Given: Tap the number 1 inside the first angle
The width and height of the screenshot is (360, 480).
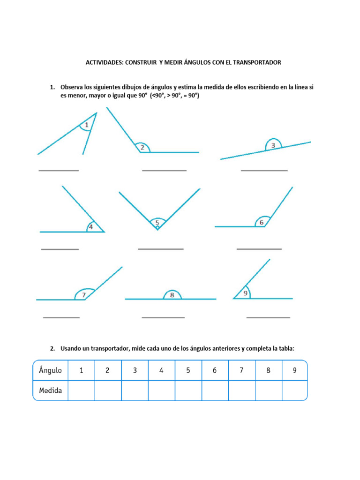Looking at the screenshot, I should tap(87, 125).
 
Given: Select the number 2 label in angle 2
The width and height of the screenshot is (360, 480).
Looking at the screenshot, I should tap(142, 148).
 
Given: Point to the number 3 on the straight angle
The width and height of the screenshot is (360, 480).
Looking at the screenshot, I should tap(273, 146).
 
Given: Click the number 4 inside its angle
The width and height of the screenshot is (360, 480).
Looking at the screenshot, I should tap(90, 227).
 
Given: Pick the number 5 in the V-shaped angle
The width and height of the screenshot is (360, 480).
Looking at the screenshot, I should tap(157, 222).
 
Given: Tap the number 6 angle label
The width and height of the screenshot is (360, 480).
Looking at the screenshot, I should tap(262, 223).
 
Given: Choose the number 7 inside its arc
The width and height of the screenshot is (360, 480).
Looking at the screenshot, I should tap(84, 295).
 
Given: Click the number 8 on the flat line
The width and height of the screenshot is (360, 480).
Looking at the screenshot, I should tap(172, 295).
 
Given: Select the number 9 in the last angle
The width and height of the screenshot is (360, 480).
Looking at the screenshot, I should tap(245, 294).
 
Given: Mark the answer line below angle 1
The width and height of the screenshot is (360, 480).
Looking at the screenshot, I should tap(59, 171).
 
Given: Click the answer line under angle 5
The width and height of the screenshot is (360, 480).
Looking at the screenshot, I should tap(160, 249).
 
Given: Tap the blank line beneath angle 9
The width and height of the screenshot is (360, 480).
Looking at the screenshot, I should tap(268, 318).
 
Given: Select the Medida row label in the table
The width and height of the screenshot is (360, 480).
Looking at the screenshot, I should tap(50, 390).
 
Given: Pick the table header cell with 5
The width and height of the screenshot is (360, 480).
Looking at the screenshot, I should tap(188, 370).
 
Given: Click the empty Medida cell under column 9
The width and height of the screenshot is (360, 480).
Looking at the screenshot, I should tap(294, 390).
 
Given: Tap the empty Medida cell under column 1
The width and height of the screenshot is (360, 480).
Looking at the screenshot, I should tap(81, 390).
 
